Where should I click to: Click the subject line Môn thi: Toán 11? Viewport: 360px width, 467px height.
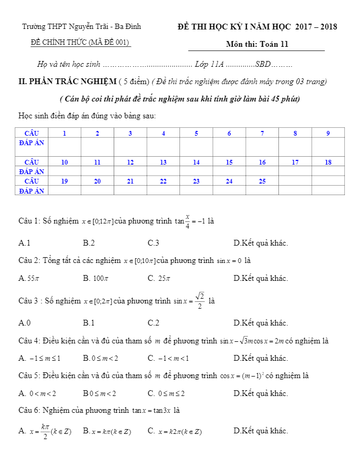pyautogui.click(x=257, y=45)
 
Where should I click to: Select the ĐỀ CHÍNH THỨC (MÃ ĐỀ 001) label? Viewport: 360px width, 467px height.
pyautogui.click(x=81, y=43)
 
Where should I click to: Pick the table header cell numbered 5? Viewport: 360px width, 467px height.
pyautogui.click(x=196, y=133)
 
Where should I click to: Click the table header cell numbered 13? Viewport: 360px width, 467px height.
pyautogui.click(x=163, y=162)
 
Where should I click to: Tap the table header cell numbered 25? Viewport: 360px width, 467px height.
pyautogui.click(x=262, y=181)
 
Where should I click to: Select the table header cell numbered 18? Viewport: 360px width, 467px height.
pyautogui.click(x=328, y=162)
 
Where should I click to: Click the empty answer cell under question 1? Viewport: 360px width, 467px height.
pyautogui.click(x=64, y=146)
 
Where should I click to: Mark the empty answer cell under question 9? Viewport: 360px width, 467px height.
pyautogui.click(x=328, y=146)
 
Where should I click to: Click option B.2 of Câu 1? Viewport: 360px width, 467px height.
pyautogui.click(x=89, y=243)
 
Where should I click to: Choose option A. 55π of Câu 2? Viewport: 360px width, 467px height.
pyautogui.click(x=26, y=278)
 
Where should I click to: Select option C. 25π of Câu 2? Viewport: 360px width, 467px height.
pyautogui.click(x=159, y=278)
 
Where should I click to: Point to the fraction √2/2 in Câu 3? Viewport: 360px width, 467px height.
pyautogui.click(x=199, y=301)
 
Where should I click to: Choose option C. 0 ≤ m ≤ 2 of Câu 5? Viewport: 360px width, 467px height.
pyautogui.click(x=166, y=393)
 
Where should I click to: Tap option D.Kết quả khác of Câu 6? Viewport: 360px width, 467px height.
pyautogui.click(x=261, y=431)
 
